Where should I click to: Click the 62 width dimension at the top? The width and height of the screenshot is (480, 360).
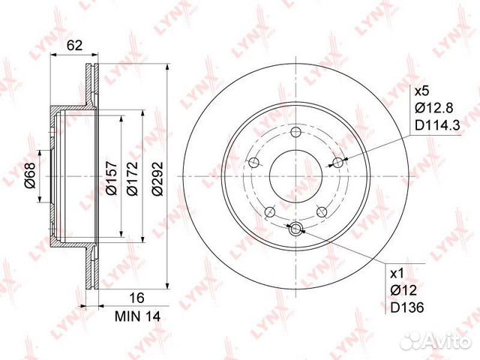click(73, 45)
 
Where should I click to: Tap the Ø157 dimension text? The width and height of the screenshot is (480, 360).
click(110, 181)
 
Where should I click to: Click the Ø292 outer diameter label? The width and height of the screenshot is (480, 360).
click(155, 181)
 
